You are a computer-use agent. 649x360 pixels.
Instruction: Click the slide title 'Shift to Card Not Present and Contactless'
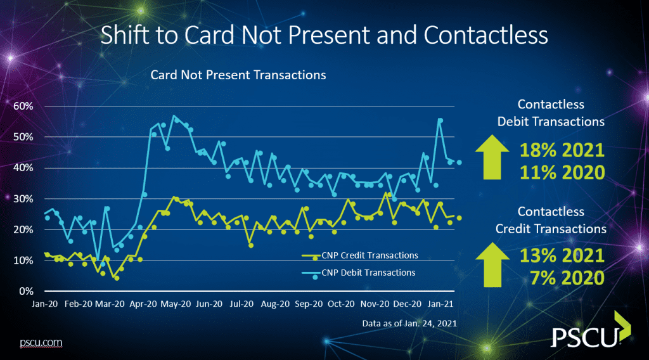tap(324, 35)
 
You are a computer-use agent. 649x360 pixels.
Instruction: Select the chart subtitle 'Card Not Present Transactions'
tap(238, 75)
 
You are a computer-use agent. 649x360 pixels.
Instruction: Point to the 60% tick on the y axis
tap(23, 106)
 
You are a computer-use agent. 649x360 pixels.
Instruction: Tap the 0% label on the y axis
tap(27, 292)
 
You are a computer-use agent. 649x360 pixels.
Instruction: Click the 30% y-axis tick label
tap(23, 198)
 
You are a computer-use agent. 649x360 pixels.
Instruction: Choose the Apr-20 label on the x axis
tap(143, 304)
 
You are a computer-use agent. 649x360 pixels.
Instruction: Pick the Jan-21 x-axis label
tap(440, 304)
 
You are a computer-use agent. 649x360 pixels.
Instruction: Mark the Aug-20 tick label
tap(275, 304)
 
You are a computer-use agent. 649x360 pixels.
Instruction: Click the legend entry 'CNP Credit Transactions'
tap(360, 255)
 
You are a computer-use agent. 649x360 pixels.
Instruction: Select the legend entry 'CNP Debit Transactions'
tap(359, 273)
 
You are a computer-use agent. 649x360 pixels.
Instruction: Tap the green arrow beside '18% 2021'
tap(492, 157)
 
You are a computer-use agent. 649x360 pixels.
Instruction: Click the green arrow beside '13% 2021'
tap(492, 264)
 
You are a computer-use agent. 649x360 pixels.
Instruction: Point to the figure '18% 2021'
tap(562, 150)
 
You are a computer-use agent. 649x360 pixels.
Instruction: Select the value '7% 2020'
tap(567, 278)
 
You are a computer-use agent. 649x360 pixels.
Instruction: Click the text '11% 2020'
tap(562, 172)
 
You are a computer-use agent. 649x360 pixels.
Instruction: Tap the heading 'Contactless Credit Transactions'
tap(551, 220)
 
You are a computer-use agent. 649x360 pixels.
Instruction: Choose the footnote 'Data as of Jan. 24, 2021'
tap(409, 323)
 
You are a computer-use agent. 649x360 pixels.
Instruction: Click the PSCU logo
tap(591, 330)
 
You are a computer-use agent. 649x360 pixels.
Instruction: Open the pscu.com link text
tap(41, 343)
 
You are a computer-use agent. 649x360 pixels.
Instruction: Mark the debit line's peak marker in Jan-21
tap(440, 121)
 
